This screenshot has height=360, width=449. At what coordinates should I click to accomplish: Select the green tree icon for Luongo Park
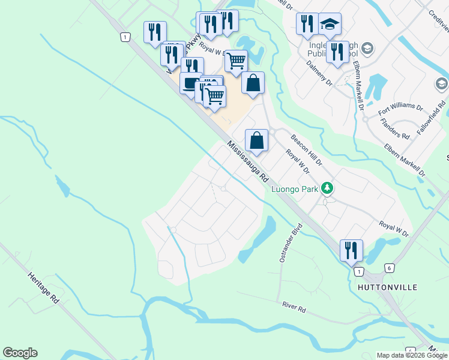click(327, 188)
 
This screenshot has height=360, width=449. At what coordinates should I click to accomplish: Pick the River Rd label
click(294, 306)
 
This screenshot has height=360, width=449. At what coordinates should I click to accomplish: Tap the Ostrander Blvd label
click(289, 244)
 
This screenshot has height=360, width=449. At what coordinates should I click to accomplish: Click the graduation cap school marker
click(329, 24)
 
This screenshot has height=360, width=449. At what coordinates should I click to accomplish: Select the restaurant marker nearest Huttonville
click(351, 250)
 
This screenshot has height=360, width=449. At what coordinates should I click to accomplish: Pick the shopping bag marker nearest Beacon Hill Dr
click(256, 141)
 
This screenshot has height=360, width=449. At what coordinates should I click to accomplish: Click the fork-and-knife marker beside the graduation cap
click(307, 24)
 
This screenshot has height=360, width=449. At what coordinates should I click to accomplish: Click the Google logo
click(20, 353)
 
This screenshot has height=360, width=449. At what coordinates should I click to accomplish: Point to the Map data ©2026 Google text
click(412, 355)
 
